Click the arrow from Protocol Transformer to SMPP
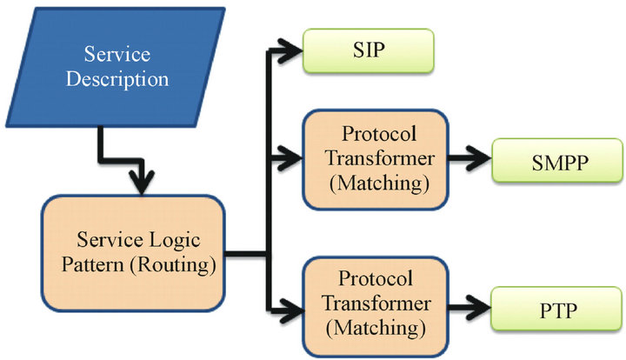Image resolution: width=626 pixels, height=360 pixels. click(469, 161)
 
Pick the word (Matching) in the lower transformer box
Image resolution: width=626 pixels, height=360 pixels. click(375, 328)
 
